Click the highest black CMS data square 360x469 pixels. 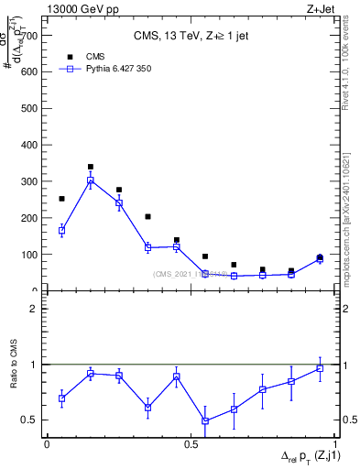coord(91,168)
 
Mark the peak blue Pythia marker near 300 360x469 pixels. coord(91,181)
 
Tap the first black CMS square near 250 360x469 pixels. coord(61,199)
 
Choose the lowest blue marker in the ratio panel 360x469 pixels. coord(205,420)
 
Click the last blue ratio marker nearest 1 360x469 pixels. coord(320,368)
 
